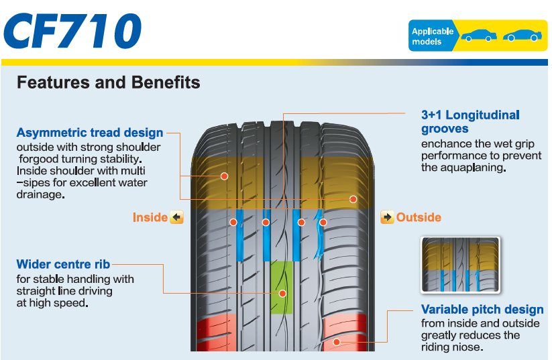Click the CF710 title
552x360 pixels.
point(73,30)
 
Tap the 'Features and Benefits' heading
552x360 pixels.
point(108,82)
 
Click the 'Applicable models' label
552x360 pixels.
point(432,36)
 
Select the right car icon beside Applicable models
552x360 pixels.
point(521,36)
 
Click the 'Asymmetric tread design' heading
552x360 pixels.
point(90,133)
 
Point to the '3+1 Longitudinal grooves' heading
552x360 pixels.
point(470,121)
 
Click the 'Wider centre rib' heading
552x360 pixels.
point(63,264)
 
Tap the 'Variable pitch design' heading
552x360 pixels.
point(482,310)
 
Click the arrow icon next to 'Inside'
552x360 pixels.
point(176,217)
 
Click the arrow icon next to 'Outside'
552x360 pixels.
point(387,217)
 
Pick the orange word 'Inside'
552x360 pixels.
point(150,217)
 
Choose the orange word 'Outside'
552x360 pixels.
point(419,217)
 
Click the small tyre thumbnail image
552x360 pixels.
point(460,264)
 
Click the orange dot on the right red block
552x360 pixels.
point(337,342)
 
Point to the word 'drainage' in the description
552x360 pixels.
point(40,194)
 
